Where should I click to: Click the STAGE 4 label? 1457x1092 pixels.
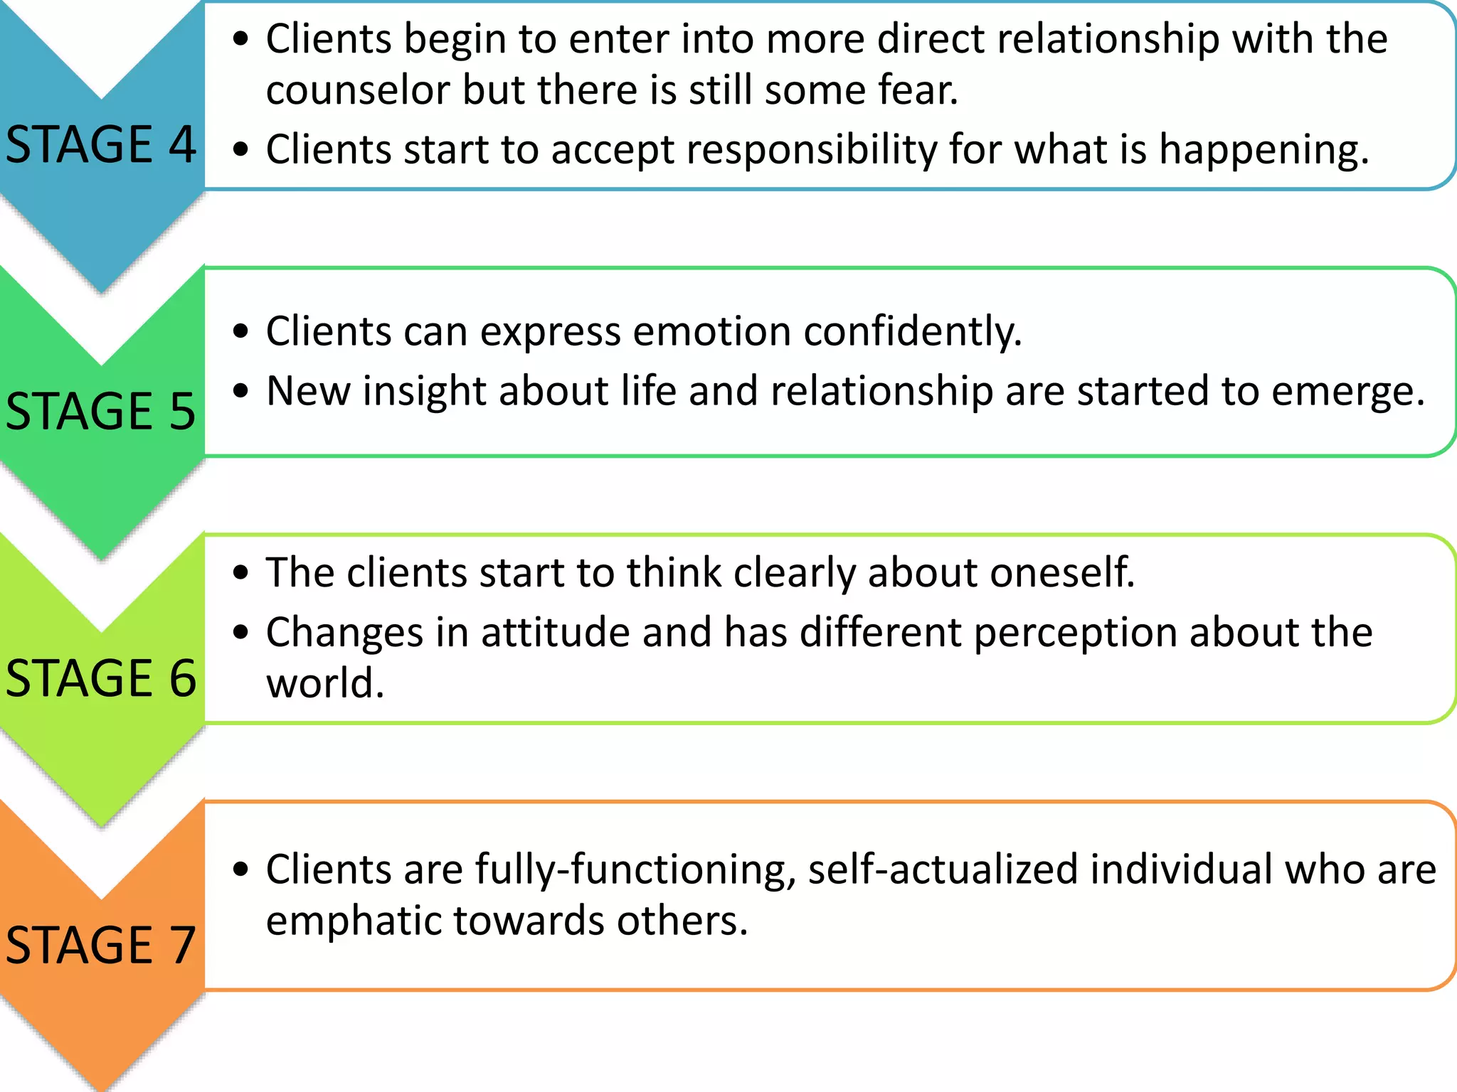pos(101,144)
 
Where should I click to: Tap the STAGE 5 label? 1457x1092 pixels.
pos(101,411)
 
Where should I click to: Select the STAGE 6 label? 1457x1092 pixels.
pos(101,678)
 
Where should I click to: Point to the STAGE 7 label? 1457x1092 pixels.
pos(101,945)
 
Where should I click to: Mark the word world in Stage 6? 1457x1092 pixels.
pos(324,683)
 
